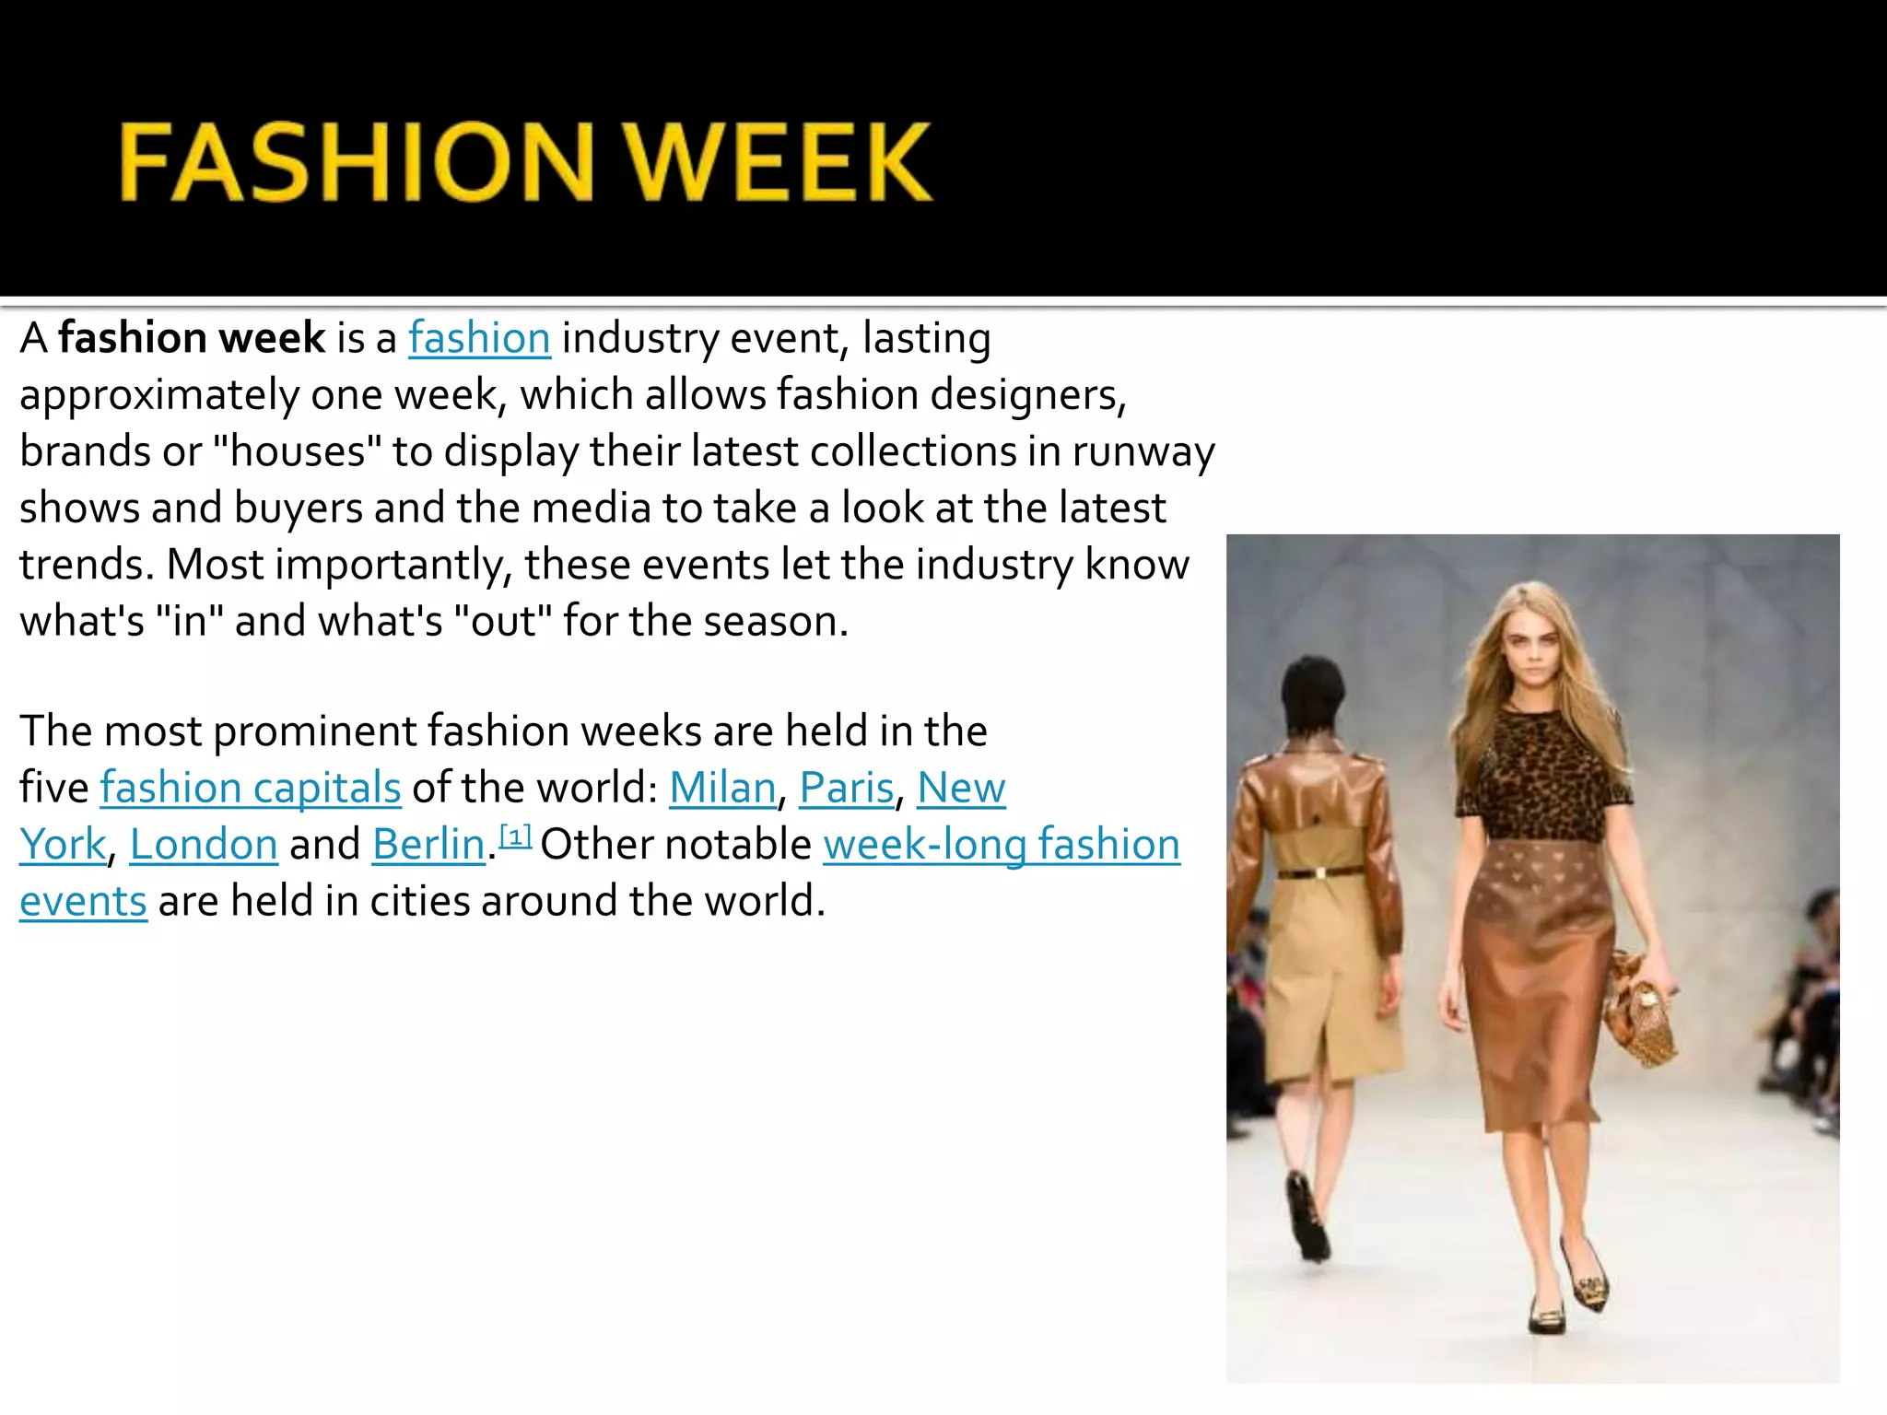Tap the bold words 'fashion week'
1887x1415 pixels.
coord(192,338)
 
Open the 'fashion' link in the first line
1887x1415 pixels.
coord(479,338)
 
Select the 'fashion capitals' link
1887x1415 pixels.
coord(251,788)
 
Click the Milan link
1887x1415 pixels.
coord(722,788)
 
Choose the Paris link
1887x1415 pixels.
coord(846,788)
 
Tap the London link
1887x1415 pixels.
coord(204,845)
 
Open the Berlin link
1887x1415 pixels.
coord(428,845)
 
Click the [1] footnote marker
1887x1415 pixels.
coord(516,836)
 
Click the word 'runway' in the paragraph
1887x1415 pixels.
coord(1143,451)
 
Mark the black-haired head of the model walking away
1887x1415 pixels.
coord(1314,696)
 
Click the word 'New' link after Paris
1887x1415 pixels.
coord(961,788)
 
